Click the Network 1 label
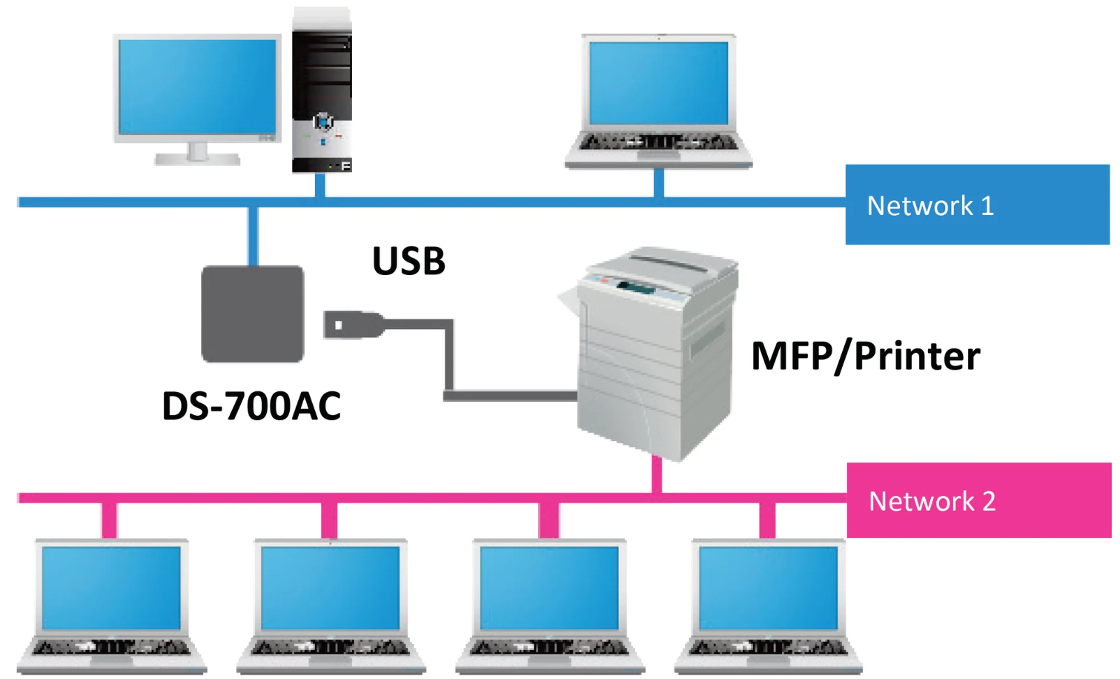coord(930,205)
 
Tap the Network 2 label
coord(932,501)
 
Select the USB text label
coord(409,260)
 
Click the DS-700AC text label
coord(251,405)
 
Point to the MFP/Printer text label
coord(866,356)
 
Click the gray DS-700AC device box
coord(253,314)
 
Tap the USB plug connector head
coord(354,325)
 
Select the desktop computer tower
coord(322,90)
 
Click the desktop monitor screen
coord(197,87)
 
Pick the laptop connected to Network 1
coord(658,102)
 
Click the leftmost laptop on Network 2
coord(111,606)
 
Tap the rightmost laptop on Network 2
coord(769,606)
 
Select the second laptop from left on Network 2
coord(331,606)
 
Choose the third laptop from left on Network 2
coord(549,606)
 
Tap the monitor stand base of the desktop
coord(197,159)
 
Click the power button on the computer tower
coord(323,122)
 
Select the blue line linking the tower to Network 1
coord(320,185)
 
